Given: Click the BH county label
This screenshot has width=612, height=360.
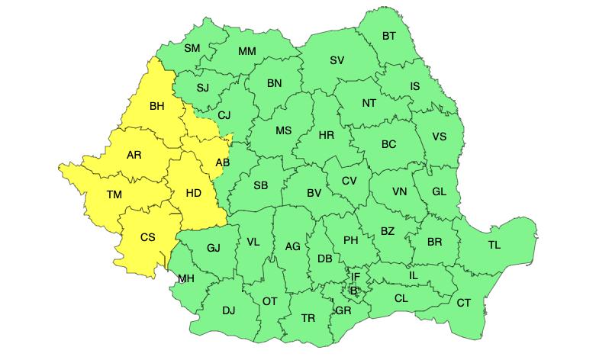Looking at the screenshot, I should click(157, 106).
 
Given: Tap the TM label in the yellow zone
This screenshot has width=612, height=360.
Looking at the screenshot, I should click(114, 195).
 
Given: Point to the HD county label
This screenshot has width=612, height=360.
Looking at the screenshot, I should click(193, 194).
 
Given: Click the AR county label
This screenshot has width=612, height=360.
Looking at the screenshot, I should click(134, 155).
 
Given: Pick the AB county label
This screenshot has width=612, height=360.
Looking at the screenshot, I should click(222, 162).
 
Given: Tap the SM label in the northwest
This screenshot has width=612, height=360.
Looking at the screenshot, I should click(192, 48).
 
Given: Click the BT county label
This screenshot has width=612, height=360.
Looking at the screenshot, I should click(389, 36).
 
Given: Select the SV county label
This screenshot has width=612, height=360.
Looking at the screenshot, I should click(337, 60).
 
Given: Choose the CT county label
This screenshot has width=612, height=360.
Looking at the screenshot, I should click(463, 303).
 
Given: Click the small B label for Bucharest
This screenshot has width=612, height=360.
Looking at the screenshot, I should click(353, 290).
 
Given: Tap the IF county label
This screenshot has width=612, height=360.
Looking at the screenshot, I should click(355, 276).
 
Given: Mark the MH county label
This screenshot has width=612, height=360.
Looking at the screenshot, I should click(186, 278).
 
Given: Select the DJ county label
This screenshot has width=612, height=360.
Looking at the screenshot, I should click(228, 310).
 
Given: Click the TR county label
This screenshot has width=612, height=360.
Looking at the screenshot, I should click(308, 318).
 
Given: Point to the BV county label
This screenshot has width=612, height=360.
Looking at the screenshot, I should click(314, 193).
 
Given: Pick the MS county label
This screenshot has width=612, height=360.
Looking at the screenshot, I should click(283, 130).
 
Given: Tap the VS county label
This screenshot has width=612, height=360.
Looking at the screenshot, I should click(440, 137).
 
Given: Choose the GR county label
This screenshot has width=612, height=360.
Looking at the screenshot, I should click(343, 310).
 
